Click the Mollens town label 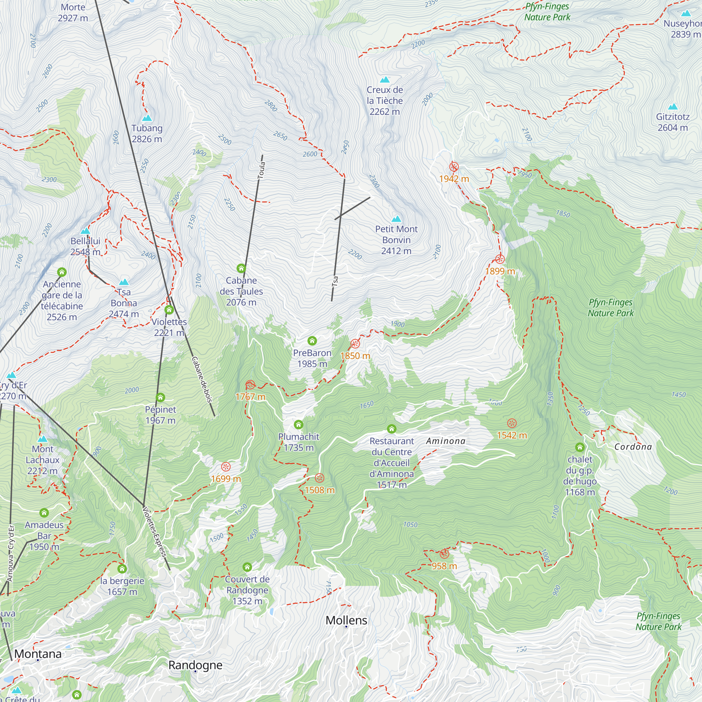coord(346,620)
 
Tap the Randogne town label coord(195,665)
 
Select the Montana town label coord(38,654)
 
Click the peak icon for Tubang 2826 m coord(147,118)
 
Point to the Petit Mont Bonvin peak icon coord(396,219)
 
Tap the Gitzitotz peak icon coord(673,107)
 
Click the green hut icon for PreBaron coord(312,341)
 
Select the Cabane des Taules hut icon coord(241,269)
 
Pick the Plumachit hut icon coord(298,424)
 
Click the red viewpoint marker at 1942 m coord(454,167)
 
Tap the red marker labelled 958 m coord(444,554)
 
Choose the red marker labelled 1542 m coord(512,423)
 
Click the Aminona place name coord(445,441)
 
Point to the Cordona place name coord(633,447)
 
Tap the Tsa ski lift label coord(335,281)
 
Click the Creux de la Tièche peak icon coord(384,80)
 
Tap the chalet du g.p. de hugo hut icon coord(580,447)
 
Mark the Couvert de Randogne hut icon coord(247,567)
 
